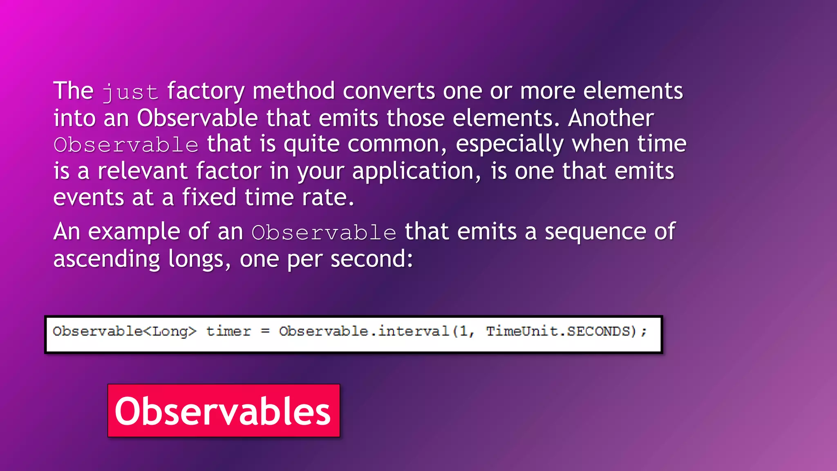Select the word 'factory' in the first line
[x=206, y=92]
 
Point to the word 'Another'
[x=611, y=118]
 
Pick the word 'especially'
[x=509, y=145]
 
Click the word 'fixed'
[x=209, y=197]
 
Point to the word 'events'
[x=88, y=198]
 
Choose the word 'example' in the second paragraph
[x=134, y=232]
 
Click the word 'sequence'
[x=595, y=232]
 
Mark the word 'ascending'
[x=106, y=260]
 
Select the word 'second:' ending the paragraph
[x=372, y=260]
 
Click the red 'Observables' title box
[x=224, y=410]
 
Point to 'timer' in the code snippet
[x=228, y=331]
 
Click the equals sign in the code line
[x=265, y=331]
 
